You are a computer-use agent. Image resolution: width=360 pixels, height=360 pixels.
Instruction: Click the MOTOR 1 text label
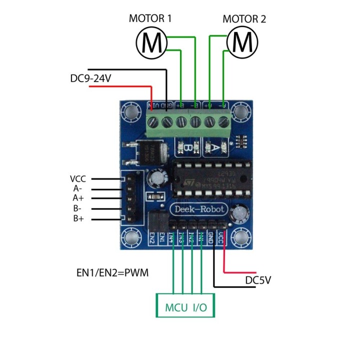click(x=150, y=19)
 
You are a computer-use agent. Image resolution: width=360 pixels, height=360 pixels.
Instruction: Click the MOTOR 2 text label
click(x=244, y=19)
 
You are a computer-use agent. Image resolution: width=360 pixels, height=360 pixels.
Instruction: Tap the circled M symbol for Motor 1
click(x=151, y=43)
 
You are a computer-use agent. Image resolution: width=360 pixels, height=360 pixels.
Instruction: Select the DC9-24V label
click(x=90, y=78)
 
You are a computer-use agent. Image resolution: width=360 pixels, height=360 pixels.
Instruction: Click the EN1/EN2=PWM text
click(x=112, y=273)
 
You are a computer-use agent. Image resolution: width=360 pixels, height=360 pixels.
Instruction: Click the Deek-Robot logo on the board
click(x=199, y=209)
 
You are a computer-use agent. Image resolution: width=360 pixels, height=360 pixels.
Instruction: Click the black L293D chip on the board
click(x=205, y=180)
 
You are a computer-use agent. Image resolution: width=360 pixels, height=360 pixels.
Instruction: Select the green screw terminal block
click(x=190, y=122)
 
